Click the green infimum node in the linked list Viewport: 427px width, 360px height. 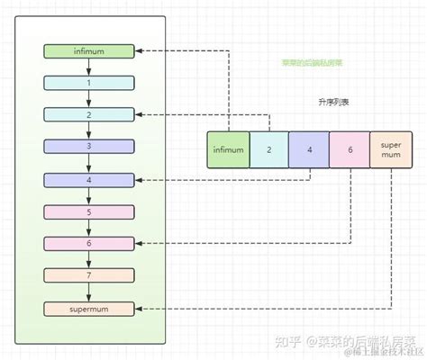coord(87,51)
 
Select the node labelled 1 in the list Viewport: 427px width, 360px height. coord(87,83)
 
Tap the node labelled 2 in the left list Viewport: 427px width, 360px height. coord(87,114)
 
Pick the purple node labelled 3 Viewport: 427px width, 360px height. coord(87,147)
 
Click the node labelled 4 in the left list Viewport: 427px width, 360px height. coord(87,179)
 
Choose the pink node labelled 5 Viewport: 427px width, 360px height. coord(87,211)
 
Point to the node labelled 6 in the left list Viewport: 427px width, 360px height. coord(87,244)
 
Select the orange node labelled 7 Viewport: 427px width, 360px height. coord(87,275)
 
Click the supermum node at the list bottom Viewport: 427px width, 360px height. coord(87,309)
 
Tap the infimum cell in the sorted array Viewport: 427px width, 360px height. coord(227,150)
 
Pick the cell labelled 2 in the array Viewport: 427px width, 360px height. coord(268,150)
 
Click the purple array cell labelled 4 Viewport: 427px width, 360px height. coord(309,150)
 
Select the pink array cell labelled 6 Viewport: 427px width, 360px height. coord(350,150)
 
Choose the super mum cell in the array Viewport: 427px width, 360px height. coord(391,150)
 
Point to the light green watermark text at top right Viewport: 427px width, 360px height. coord(312,63)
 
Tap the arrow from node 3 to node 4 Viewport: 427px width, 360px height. coord(87,163)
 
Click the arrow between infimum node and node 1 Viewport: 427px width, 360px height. coord(87,67)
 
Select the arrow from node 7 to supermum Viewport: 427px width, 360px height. coord(87,292)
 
